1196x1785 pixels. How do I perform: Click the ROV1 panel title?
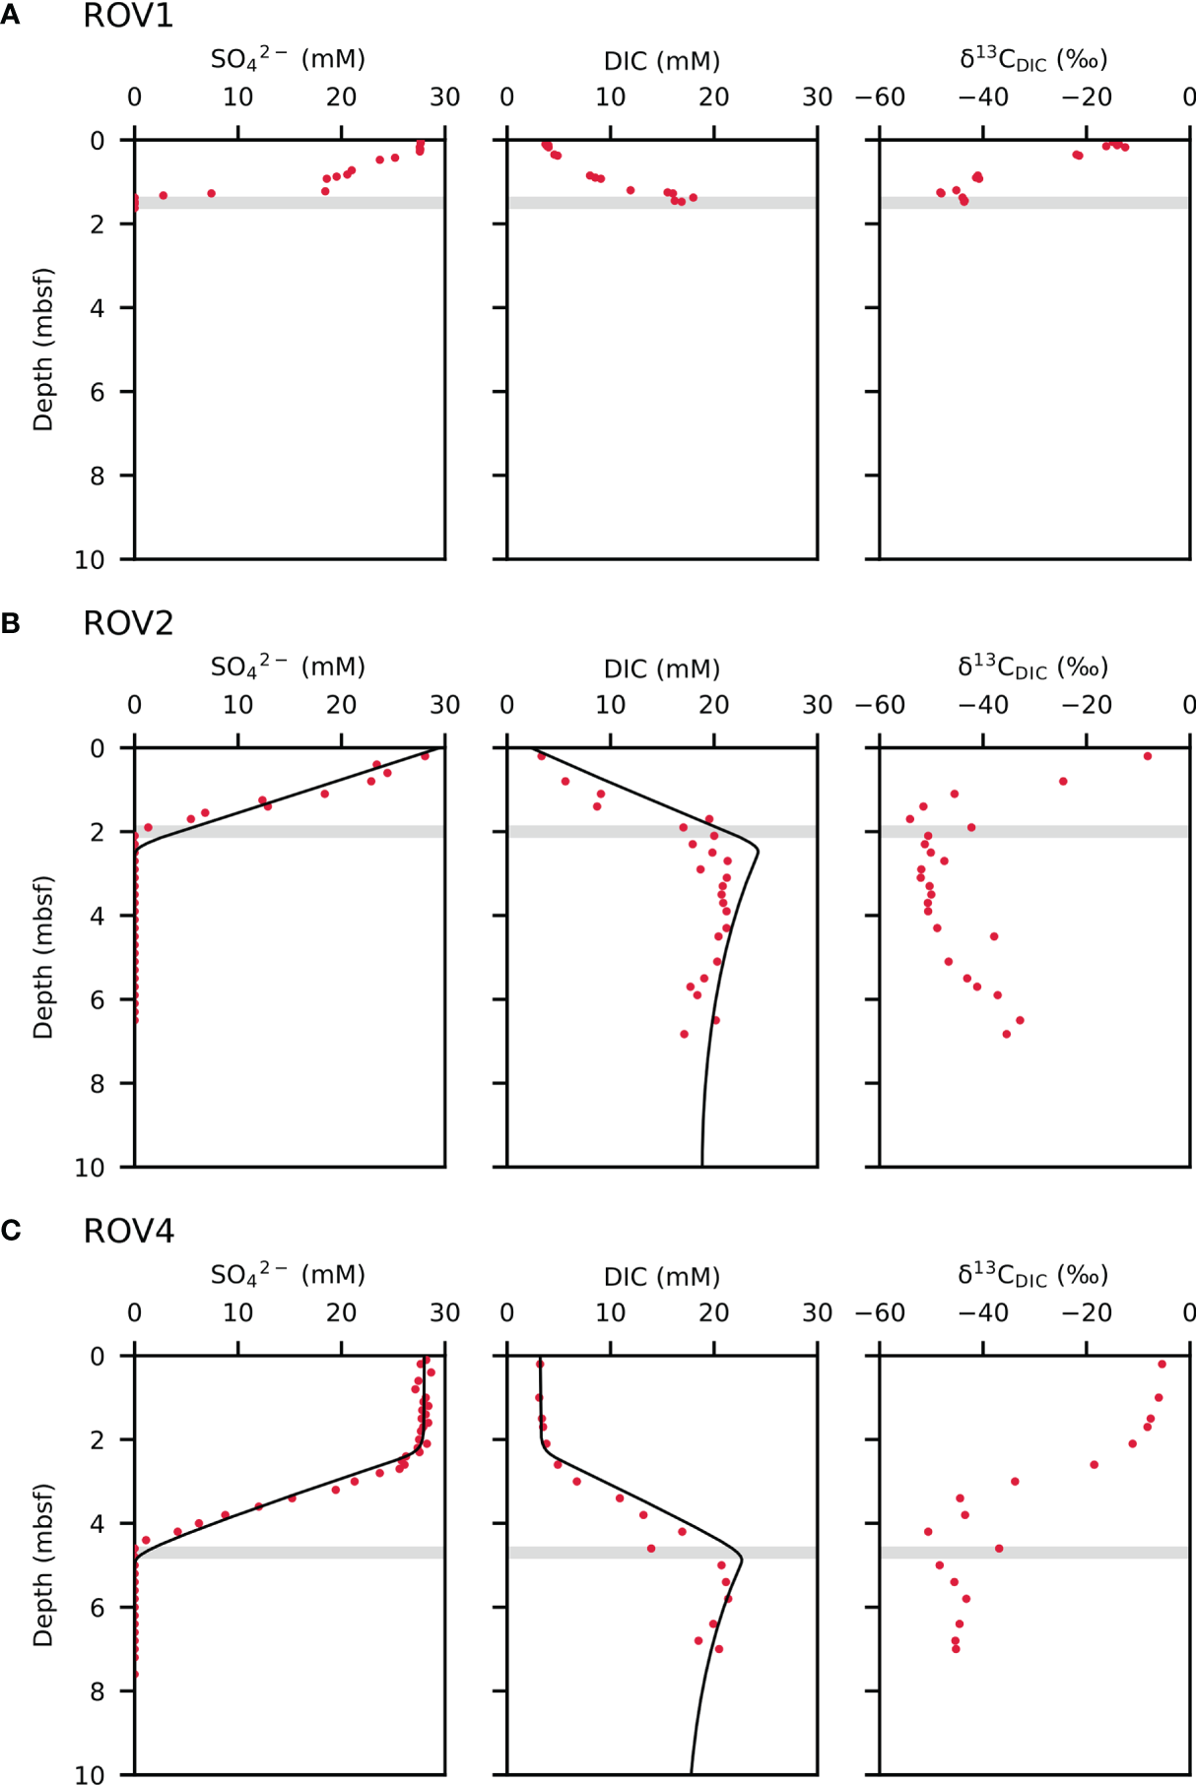tap(128, 16)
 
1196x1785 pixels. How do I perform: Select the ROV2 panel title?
tap(128, 623)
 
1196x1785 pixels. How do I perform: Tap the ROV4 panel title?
tap(128, 1231)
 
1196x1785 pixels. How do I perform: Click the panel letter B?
tap(11, 624)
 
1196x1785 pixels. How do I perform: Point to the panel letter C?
tap(11, 1232)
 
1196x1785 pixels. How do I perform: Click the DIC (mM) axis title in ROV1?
tap(662, 61)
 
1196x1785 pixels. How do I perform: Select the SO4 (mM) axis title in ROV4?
tap(288, 1275)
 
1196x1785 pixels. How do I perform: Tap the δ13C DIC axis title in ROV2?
tap(1033, 668)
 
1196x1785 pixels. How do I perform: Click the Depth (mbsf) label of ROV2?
tap(43, 957)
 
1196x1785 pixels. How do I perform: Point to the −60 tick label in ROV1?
tap(880, 97)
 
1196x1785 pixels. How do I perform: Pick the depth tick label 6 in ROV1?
tap(98, 392)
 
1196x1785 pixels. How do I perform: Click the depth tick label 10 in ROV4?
tap(90, 1774)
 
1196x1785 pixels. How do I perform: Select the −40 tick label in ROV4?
tap(982, 1312)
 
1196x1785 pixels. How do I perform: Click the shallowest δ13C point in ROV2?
tap(1148, 756)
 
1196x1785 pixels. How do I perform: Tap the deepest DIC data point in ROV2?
tap(684, 1034)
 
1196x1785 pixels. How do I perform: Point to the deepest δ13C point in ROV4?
tap(956, 1648)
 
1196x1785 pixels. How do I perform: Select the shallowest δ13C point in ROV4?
tap(1162, 1364)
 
